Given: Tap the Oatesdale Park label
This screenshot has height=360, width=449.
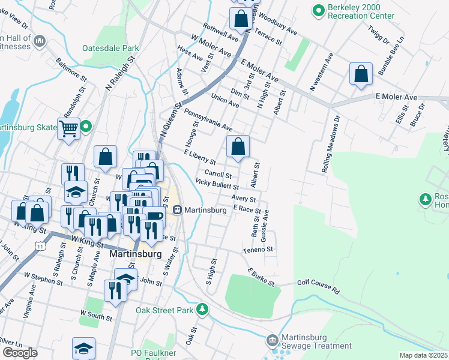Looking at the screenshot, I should [x=110, y=48].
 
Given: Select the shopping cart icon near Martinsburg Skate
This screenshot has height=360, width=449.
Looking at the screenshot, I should [x=68, y=128].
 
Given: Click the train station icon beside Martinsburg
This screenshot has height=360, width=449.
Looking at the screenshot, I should [x=177, y=210].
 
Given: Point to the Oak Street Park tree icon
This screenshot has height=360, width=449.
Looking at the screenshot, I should [x=203, y=309].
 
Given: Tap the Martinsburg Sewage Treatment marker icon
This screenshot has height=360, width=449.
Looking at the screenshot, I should [x=273, y=340].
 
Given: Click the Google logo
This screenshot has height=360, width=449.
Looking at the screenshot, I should [x=20, y=352].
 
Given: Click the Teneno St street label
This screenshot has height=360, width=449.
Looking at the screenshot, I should [x=258, y=249].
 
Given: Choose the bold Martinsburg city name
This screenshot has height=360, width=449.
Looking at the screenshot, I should [x=136, y=254].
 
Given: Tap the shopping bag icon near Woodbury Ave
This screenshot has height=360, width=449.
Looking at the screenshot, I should [x=241, y=19].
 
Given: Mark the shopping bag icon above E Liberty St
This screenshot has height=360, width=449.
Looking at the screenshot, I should [x=238, y=146].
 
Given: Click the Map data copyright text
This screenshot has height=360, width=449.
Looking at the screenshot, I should [x=424, y=355].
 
